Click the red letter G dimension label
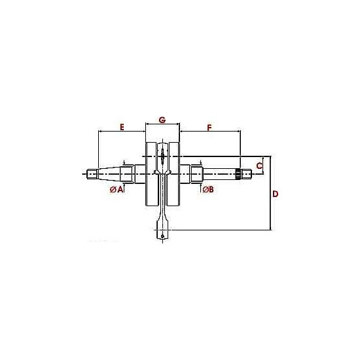[x=162, y=120]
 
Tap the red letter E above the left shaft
[x=122, y=127]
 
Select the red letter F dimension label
[x=209, y=128]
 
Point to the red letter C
[x=259, y=166]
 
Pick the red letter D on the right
[x=275, y=194]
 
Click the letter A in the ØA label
[x=120, y=189]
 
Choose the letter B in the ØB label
[x=211, y=189]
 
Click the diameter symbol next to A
[x=113, y=190]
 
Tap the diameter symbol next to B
[x=206, y=190]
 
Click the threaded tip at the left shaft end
[x=92, y=174]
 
